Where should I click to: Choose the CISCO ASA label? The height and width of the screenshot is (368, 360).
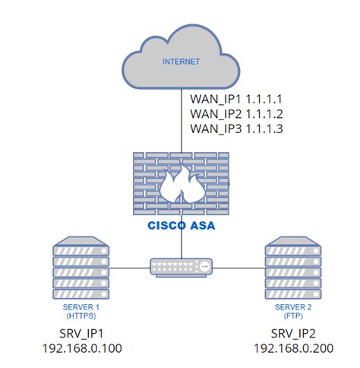pyautogui.click(x=181, y=226)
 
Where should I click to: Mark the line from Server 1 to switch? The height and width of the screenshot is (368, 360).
pyautogui.click(x=129, y=267)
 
